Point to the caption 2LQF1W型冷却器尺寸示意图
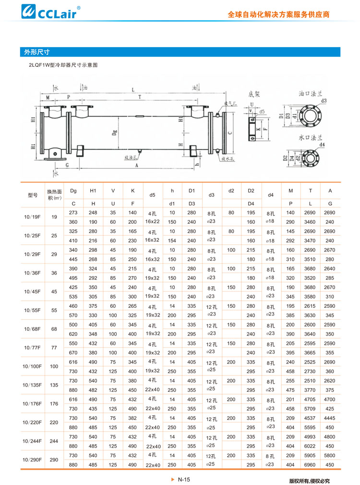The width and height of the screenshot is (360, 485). pyautogui.click(x=63, y=65)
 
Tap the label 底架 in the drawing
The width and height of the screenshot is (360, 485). pyautogui.click(x=254, y=95)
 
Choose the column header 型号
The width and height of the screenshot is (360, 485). pyautogui.click(x=32, y=195)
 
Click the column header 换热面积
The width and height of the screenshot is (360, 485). pyautogui.click(x=54, y=194)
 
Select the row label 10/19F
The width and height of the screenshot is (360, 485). pyautogui.click(x=32, y=217)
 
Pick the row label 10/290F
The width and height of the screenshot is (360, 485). pyautogui.click(x=32, y=460)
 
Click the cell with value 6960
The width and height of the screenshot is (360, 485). pyautogui.click(x=310, y=465)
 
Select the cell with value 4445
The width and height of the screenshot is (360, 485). pyautogui.click(x=330, y=418)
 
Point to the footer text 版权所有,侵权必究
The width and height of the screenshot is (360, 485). pyautogui.click(x=315, y=480)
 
